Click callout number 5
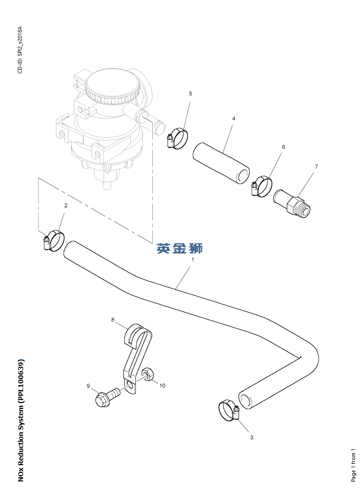tap(190, 94)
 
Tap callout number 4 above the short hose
tap(234, 119)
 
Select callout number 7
tap(316, 166)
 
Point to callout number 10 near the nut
tap(162, 386)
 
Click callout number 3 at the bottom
tap(252, 437)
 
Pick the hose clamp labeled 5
tap(177, 138)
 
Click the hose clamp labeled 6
tap(262, 186)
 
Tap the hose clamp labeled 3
tap(229, 411)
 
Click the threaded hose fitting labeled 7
tap(292, 204)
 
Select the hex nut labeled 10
tap(147, 375)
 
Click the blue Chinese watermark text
tap(180, 249)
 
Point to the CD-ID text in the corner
tap(20, 50)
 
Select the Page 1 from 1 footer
tap(353, 465)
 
